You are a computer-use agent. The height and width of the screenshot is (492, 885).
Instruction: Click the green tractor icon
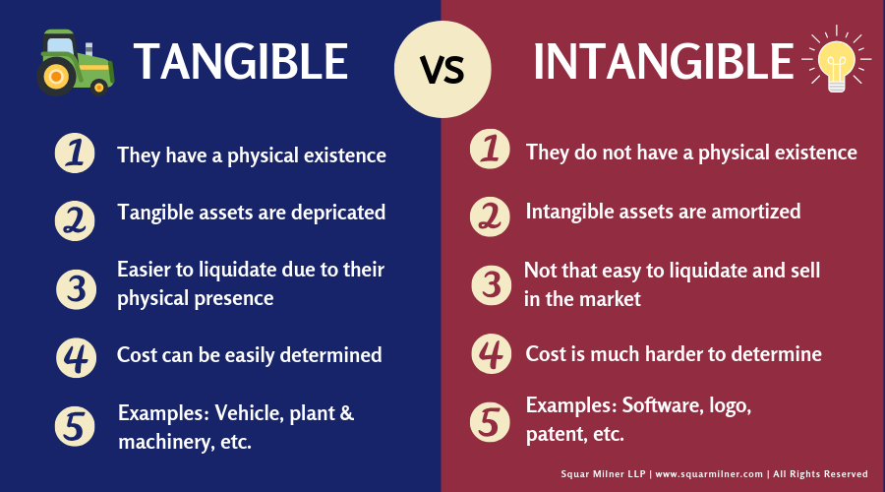pos(76,62)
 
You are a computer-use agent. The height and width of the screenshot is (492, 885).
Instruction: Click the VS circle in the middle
pos(442,70)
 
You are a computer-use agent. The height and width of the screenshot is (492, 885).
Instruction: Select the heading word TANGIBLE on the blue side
pos(241,61)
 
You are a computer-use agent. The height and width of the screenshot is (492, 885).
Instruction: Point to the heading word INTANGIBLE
pos(664,61)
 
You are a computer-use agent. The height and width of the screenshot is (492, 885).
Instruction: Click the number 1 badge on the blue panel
pos(75,154)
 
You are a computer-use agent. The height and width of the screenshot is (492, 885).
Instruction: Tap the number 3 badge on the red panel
pos(491,284)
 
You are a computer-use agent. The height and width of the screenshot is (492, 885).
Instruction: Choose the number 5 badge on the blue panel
pos(75,426)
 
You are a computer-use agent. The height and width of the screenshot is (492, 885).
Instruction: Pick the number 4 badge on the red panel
pos(491,354)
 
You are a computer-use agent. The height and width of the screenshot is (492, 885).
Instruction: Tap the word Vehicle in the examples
pos(248,413)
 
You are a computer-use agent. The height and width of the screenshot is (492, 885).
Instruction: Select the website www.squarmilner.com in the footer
pos(709,474)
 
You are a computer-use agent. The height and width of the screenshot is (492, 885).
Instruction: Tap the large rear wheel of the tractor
pos(56,76)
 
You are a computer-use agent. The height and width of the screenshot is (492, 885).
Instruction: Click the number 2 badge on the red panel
pos(490,216)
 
